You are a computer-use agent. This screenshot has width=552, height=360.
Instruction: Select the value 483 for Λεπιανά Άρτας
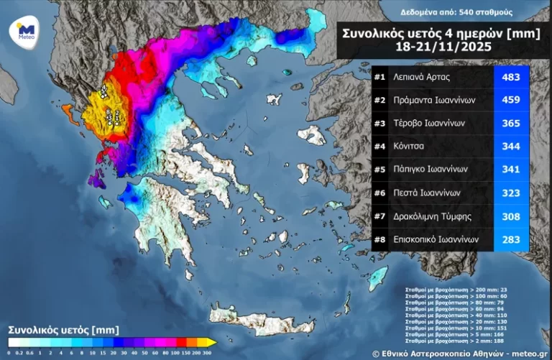click(511, 77)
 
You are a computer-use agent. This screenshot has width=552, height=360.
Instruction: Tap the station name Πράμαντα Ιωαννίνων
click(433, 100)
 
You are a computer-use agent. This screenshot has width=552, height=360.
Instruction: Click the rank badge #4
click(380, 146)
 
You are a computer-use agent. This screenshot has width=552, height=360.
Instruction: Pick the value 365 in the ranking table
click(511, 123)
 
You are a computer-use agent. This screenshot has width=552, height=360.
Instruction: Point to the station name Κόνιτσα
click(409, 146)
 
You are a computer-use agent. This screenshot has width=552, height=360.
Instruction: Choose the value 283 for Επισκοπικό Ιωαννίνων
click(511, 239)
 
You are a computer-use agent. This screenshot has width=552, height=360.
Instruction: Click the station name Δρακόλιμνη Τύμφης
click(433, 216)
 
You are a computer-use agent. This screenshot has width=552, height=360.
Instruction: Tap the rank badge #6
click(380, 193)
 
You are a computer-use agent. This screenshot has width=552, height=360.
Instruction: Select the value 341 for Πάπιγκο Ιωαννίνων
click(511, 170)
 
